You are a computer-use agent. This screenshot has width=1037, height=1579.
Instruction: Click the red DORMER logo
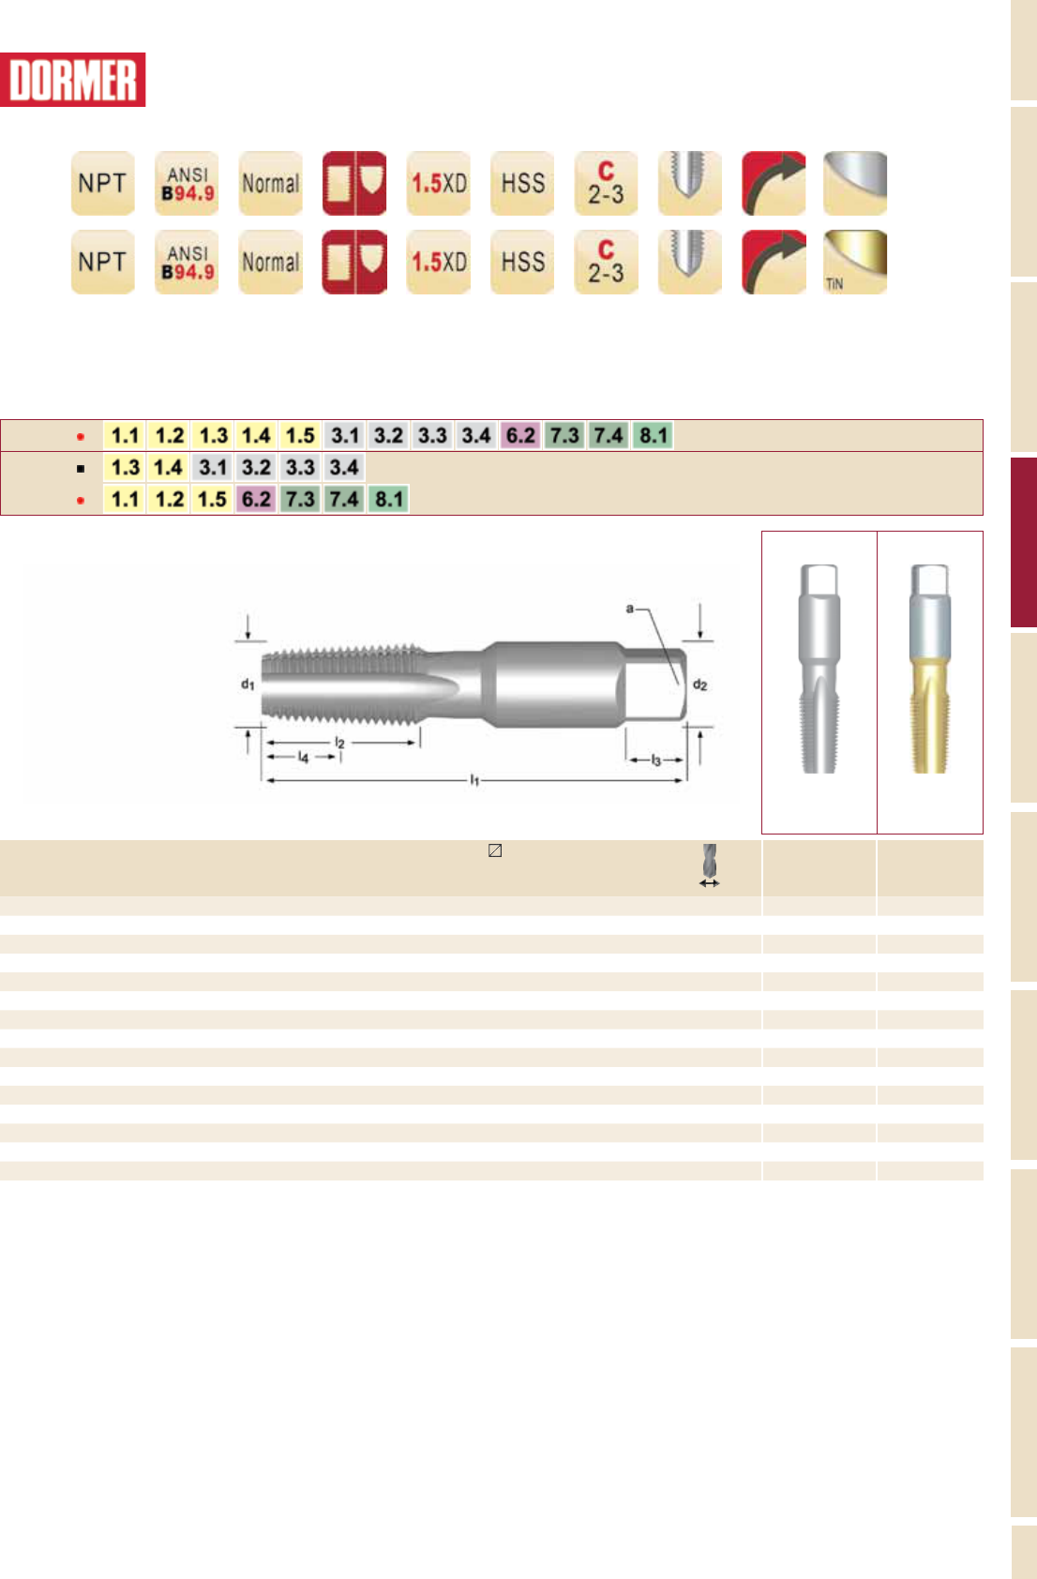(x=72, y=80)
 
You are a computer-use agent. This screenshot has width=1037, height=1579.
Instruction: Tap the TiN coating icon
(x=855, y=262)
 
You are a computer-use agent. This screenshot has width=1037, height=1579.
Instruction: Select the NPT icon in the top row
(x=103, y=183)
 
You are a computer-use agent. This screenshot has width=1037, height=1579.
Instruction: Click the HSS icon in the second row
(x=522, y=262)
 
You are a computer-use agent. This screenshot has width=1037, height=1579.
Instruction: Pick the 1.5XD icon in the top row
(x=439, y=183)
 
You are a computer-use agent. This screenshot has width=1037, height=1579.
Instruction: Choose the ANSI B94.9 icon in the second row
(x=187, y=262)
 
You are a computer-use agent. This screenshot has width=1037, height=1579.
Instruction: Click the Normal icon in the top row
(x=271, y=183)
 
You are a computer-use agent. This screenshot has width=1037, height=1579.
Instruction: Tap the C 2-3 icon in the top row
(x=607, y=183)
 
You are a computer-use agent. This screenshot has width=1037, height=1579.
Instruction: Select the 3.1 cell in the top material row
(x=345, y=436)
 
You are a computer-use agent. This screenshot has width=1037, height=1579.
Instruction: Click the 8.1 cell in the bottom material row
(x=388, y=499)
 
